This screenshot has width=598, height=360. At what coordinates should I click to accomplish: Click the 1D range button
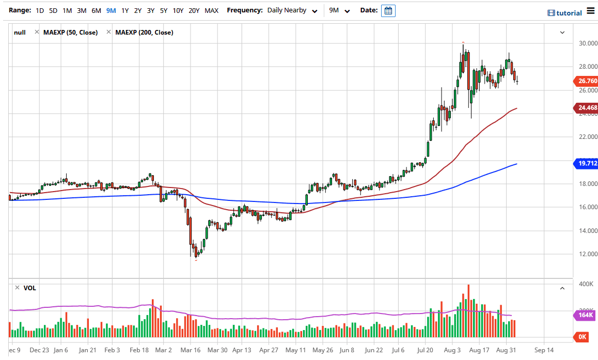pyautogui.click(x=40, y=10)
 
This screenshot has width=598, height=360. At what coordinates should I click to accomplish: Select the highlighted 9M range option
pyautogui.click(x=111, y=10)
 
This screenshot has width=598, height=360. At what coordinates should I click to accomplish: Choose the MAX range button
pyautogui.click(x=211, y=10)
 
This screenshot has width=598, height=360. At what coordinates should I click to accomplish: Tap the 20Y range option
pyautogui.click(x=194, y=10)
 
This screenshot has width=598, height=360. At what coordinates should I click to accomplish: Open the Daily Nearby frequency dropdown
pyautogui.click(x=292, y=10)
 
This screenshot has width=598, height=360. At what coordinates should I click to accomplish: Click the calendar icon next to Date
pyautogui.click(x=388, y=10)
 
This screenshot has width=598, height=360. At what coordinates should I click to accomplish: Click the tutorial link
pyautogui.click(x=565, y=13)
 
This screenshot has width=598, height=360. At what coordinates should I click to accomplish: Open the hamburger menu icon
pyautogui.click(x=591, y=11)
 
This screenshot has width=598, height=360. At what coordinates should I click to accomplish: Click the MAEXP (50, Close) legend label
pyautogui.click(x=70, y=33)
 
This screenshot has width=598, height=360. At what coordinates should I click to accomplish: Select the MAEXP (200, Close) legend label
pyautogui.click(x=144, y=33)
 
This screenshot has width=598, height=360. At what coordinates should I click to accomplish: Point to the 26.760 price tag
pyautogui.click(x=587, y=81)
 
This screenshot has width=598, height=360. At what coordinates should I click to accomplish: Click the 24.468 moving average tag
pyautogui.click(x=587, y=108)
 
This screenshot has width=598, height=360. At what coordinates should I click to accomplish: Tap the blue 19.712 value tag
pyautogui.click(x=587, y=164)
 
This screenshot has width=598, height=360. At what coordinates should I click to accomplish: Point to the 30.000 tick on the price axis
pyautogui.click(x=588, y=43)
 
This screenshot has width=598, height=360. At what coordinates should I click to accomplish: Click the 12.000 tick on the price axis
pyautogui.click(x=588, y=254)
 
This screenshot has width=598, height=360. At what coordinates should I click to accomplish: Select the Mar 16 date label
pyautogui.click(x=191, y=350)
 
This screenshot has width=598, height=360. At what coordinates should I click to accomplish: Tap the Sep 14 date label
pyautogui.click(x=544, y=350)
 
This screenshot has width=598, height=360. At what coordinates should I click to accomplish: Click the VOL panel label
pyautogui.click(x=30, y=288)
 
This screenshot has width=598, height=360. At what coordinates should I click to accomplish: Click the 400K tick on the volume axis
pyautogui.click(x=586, y=285)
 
